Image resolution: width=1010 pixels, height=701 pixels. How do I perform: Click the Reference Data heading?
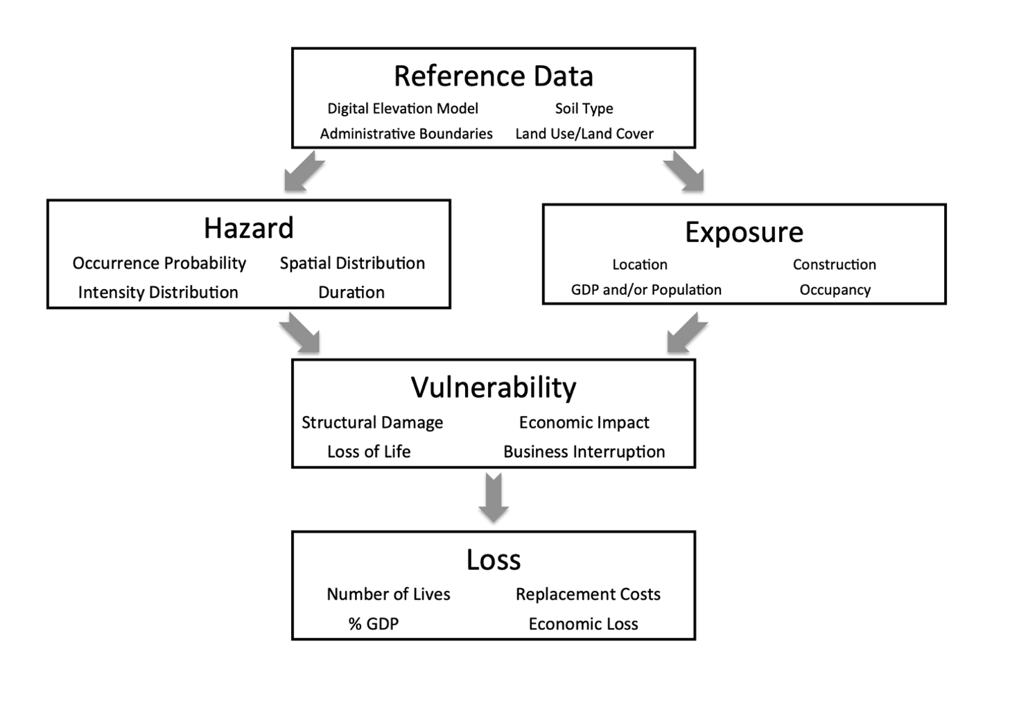(x=493, y=76)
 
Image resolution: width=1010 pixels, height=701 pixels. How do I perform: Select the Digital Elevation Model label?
(x=403, y=109)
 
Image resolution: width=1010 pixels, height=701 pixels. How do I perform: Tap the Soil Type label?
(x=584, y=109)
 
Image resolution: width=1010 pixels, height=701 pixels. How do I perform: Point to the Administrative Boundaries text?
(x=406, y=134)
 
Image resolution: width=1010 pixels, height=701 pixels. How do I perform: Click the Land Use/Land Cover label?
(x=584, y=134)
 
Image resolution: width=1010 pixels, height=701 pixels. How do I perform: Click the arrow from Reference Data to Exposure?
(x=684, y=172)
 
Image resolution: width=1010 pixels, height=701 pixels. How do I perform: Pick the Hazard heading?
(x=248, y=228)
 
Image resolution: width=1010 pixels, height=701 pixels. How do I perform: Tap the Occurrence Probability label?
(x=159, y=263)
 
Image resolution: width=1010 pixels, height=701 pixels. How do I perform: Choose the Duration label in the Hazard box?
(x=351, y=293)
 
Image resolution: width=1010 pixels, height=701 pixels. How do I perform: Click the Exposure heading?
(x=744, y=232)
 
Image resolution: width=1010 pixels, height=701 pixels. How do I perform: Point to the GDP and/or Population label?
(x=646, y=290)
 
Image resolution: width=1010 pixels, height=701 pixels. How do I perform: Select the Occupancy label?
(x=835, y=290)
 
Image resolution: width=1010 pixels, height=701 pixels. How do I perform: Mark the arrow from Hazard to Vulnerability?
(x=301, y=333)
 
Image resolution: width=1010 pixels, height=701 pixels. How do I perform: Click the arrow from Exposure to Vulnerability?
(x=686, y=333)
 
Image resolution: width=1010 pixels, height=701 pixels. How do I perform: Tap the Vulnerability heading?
(x=493, y=388)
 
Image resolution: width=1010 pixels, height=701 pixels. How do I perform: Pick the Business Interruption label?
(x=584, y=452)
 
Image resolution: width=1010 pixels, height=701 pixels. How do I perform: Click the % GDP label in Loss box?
(x=374, y=624)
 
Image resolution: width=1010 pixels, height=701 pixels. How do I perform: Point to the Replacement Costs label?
(x=588, y=595)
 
